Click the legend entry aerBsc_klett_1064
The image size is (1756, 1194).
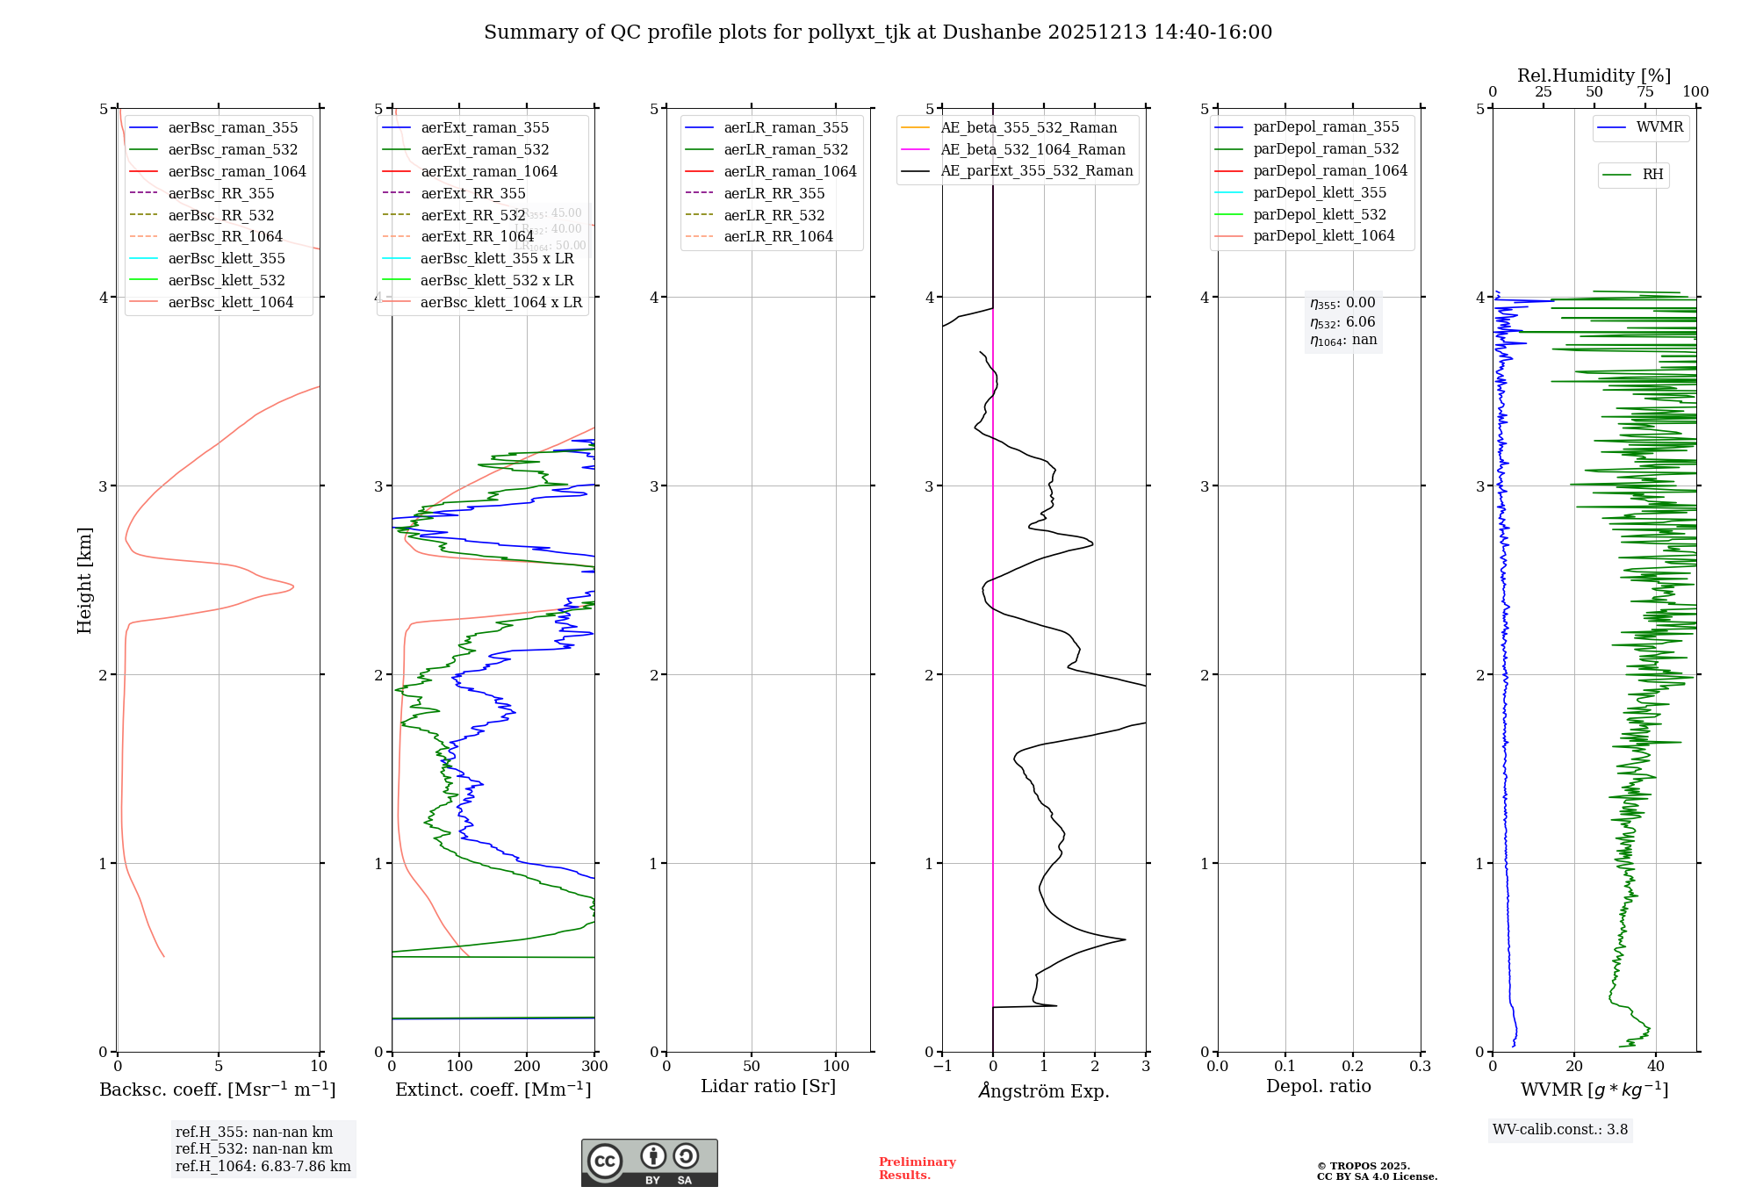coord(230,302)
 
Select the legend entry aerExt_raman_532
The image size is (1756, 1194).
coord(485,149)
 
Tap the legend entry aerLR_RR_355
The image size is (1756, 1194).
coord(774,193)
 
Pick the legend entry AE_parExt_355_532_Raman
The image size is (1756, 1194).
coord(1036,170)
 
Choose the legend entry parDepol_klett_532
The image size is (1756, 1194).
coord(1319,214)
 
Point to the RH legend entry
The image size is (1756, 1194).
coord(1652,175)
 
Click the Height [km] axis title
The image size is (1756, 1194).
coord(84,580)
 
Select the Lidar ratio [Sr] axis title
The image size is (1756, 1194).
coord(768,1086)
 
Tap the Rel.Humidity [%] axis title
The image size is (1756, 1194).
coord(1594,76)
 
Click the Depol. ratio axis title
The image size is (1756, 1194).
coord(1318,1086)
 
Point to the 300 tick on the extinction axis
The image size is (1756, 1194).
coord(594,1067)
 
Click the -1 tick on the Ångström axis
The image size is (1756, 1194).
coord(942,1067)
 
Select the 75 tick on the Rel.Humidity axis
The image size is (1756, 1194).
coord(1644,92)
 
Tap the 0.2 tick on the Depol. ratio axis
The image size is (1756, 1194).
coord(1353,1067)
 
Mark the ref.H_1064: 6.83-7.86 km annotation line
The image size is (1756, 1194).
coord(263,1167)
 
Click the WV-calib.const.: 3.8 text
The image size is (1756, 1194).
coord(1560,1130)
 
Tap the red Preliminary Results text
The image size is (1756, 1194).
coord(917,1169)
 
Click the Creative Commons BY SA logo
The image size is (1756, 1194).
coord(649,1163)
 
